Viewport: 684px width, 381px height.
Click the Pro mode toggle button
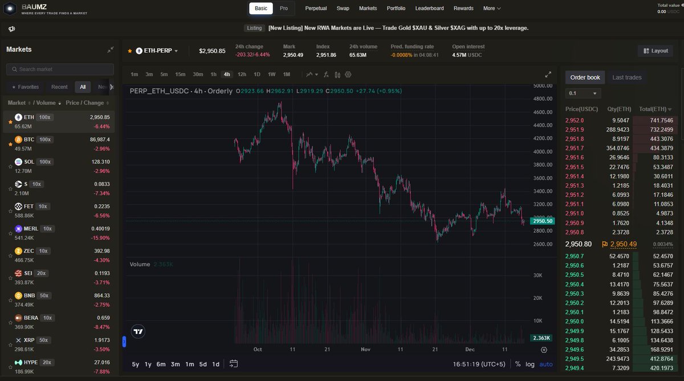point(284,9)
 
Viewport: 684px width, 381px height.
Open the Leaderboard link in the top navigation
point(430,9)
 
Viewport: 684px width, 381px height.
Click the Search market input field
point(60,69)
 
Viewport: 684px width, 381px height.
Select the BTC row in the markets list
point(57,143)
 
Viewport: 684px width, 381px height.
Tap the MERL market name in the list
point(31,229)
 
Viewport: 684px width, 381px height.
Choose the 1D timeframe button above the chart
point(257,74)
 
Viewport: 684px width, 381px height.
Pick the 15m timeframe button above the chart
point(180,74)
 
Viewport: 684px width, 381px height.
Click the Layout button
point(655,51)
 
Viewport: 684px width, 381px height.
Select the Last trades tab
point(626,78)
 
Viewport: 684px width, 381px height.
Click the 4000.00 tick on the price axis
point(543,152)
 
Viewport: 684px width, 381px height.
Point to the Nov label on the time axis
point(366,349)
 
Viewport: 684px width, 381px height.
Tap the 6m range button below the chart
point(161,364)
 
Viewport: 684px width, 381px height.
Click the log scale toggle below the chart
point(530,364)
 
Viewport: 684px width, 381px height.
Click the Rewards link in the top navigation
point(463,9)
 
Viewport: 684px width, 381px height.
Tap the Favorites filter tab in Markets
point(25,87)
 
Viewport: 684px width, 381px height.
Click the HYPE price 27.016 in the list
point(100,362)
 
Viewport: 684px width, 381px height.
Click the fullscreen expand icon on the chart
point(548,74)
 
